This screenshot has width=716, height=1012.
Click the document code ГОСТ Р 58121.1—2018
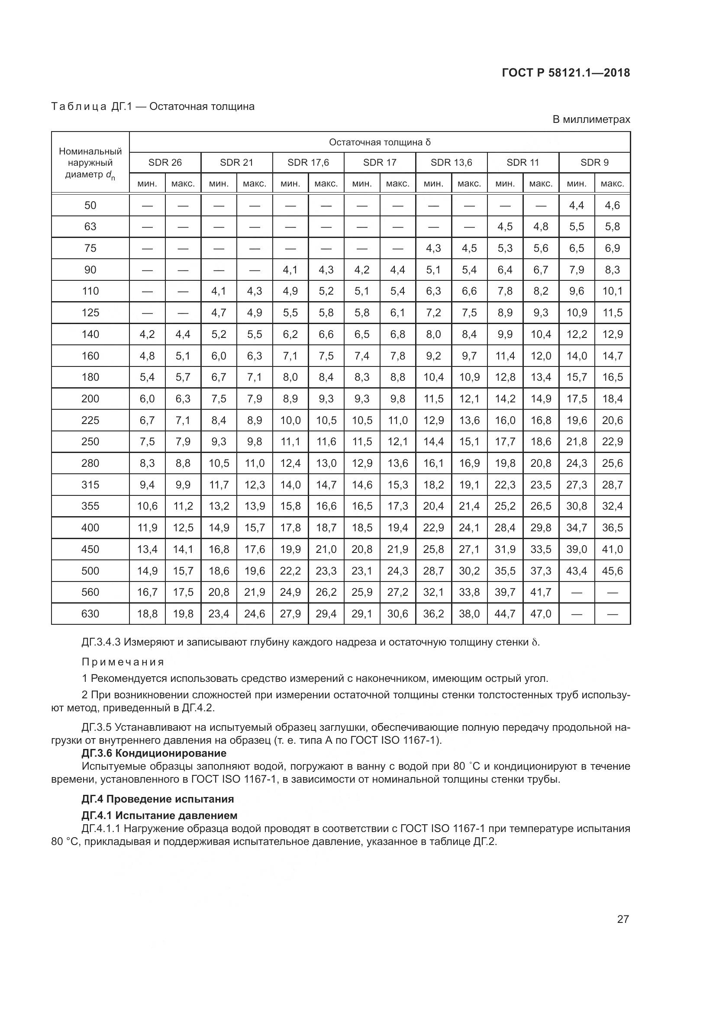(566, 73)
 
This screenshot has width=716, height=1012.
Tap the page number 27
(622, 919)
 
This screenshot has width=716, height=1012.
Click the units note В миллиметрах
(591, 119)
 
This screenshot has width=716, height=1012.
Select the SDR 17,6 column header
(308, 163)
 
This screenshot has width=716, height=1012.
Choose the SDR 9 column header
(594, 163)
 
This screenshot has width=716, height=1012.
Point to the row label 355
(90, 506)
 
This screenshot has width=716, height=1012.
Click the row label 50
(90, 206)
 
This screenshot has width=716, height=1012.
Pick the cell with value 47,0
(541, 614)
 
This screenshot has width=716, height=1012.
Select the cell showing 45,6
(613, 571)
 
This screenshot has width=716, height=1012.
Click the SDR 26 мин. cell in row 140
(147, 334)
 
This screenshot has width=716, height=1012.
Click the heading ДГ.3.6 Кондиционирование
(154, 753)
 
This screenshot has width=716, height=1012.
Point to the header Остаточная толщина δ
(380, 142)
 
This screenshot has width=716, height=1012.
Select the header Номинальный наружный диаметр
(90, 163)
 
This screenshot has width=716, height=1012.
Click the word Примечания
(123, 662)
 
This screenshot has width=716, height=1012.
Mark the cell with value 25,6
(613, 463)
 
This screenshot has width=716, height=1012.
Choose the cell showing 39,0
(576, 549)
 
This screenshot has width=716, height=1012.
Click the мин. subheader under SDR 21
(219, 184)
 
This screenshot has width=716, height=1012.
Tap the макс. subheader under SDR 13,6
(469, 184)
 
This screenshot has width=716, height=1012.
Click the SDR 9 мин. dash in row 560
(576, 592)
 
